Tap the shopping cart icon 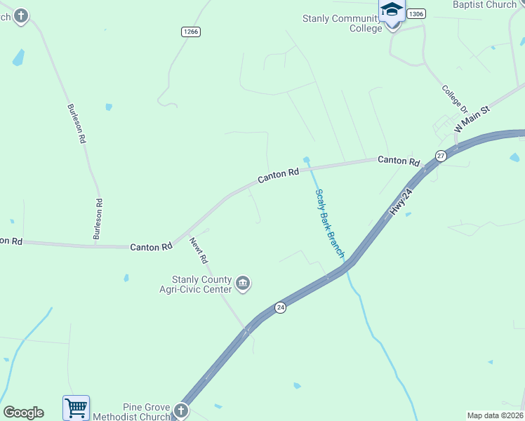point(76,407)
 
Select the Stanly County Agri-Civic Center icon point(243,283)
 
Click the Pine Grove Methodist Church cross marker point(180,410)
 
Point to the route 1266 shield point(190,31)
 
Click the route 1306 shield point(416,13)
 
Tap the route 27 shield point(440,156)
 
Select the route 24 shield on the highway point(280,307)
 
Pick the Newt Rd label point(199,250)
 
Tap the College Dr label point(454,99)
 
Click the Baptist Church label point(484,5)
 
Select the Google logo point(23,413)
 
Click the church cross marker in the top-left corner point(20,15)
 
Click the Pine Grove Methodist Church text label point(147,412)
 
